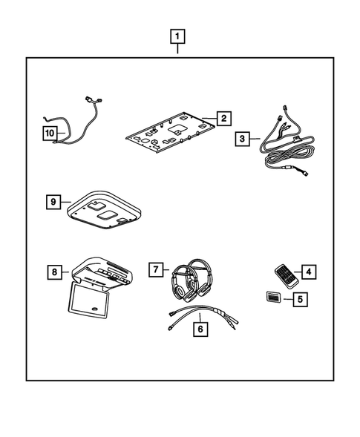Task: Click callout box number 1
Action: [x=178, y=36]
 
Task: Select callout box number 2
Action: [x=223, y=119]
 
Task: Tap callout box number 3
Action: [x=243, y=139]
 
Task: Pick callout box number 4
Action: [x=308, y=272]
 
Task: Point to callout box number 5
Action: [x=301, y=300]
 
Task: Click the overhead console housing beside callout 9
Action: [x=105, y=210]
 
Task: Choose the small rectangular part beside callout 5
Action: [x=273, y=298]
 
